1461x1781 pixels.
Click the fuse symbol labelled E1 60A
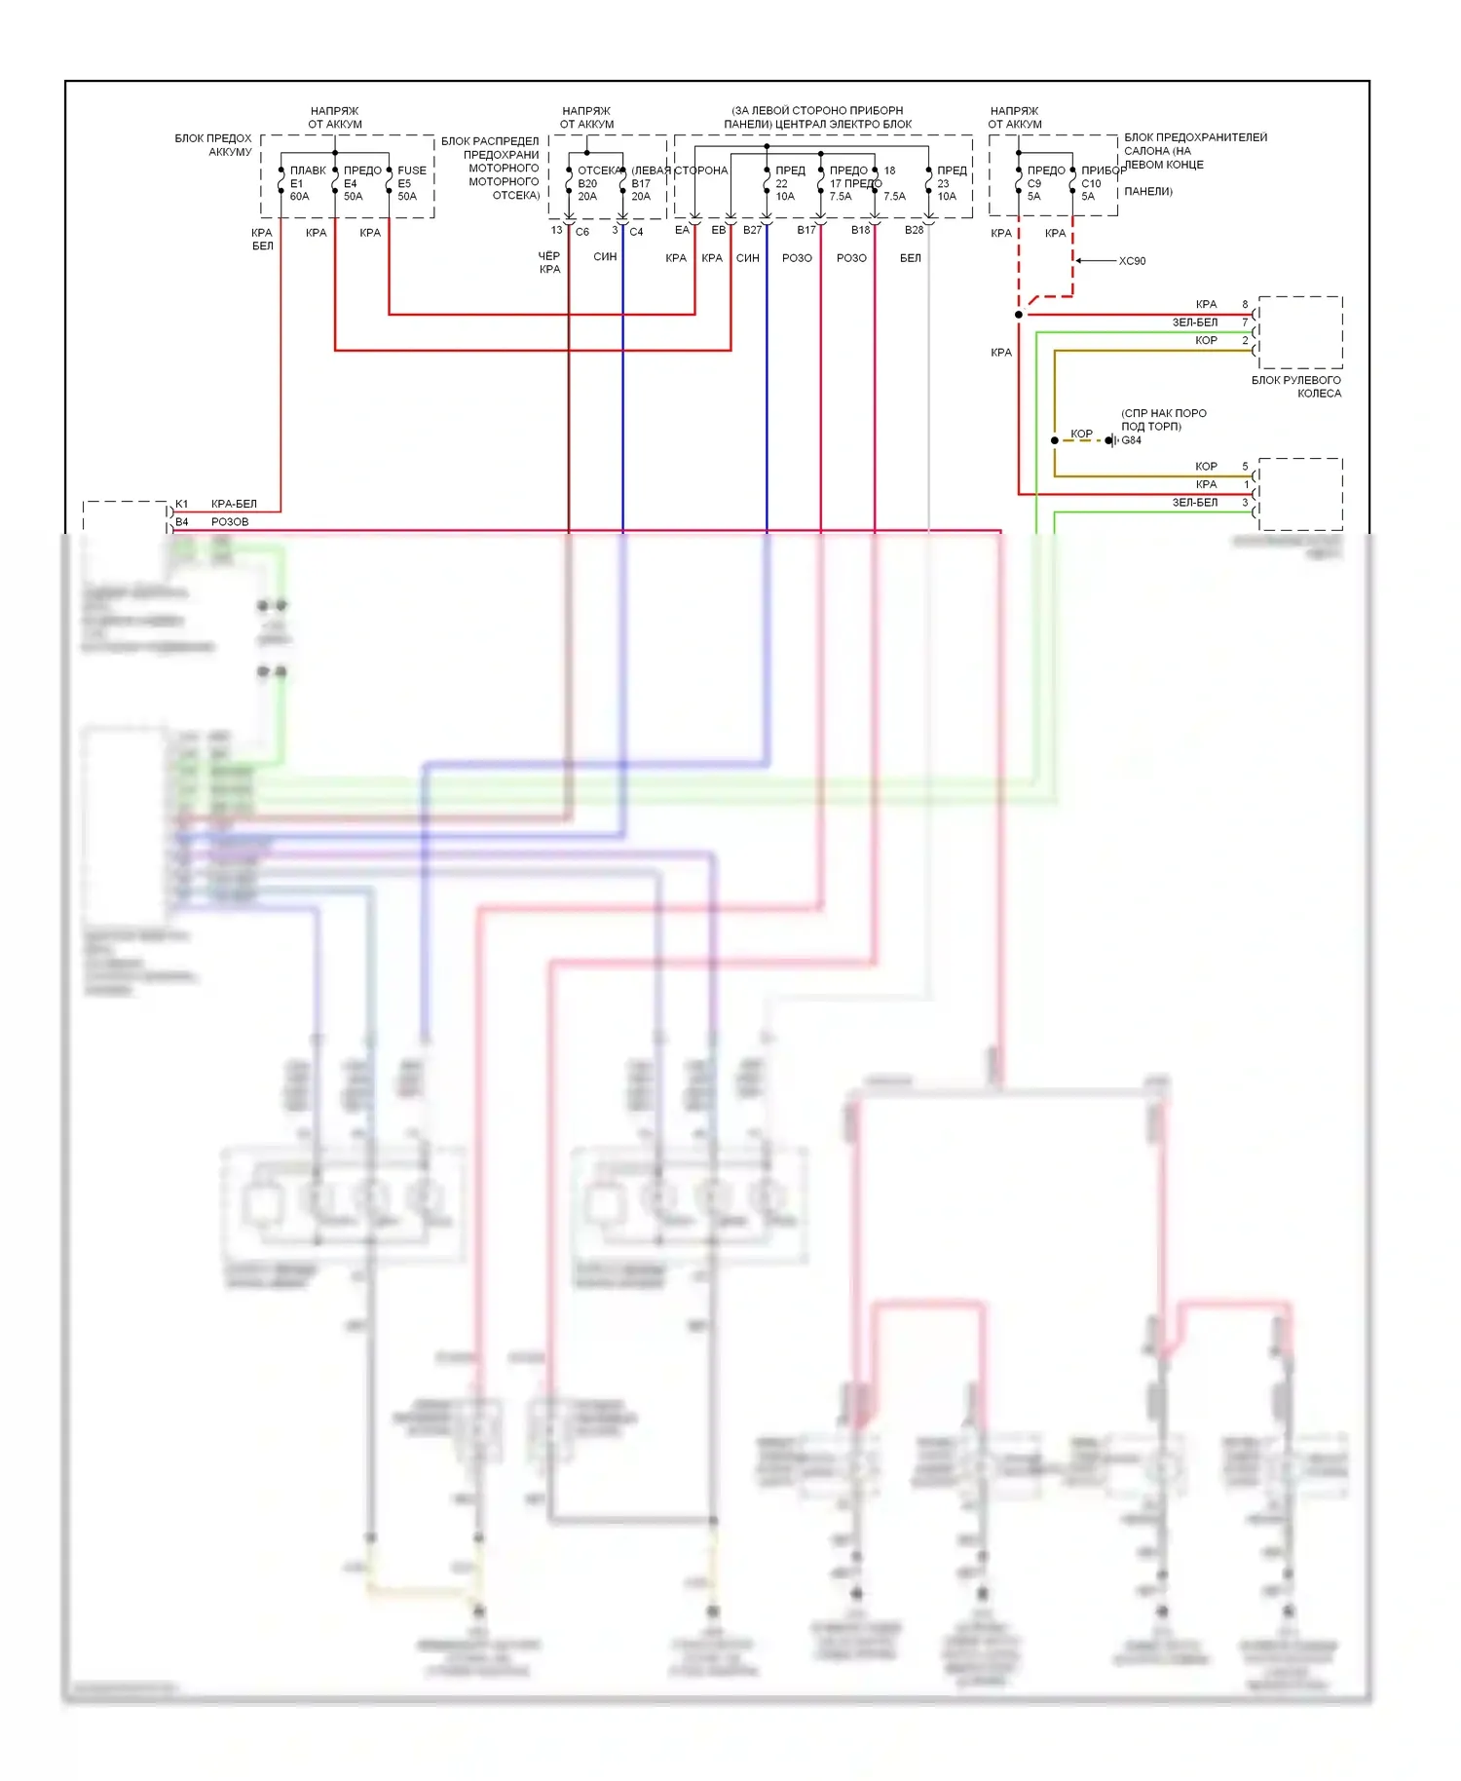[281, 182]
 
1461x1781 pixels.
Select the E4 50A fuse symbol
[335, 182]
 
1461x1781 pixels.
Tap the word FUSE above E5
[412, 171]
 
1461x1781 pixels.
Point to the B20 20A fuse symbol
[569, 182]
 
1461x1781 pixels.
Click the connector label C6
[582, 232]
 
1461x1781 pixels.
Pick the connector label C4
[636, 232]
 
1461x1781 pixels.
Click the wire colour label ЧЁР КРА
[549, 263]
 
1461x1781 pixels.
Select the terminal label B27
[752, 230]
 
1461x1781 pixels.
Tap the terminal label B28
[914, 230]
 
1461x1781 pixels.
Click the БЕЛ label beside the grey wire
[911, 258]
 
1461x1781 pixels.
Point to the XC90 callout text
[1132, 261]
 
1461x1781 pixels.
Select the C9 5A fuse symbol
[1019, 182]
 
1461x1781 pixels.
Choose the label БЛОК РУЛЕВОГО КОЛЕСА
[1296, 387]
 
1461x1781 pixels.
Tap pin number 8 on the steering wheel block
[1245, 305]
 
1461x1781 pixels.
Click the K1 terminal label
[182, 504]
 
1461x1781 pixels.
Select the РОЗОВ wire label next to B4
[230, 522]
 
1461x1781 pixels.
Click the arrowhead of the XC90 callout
[1078, 261]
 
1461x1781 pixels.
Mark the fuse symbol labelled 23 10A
[929, 182]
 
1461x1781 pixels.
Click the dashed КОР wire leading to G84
[1082, 440]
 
